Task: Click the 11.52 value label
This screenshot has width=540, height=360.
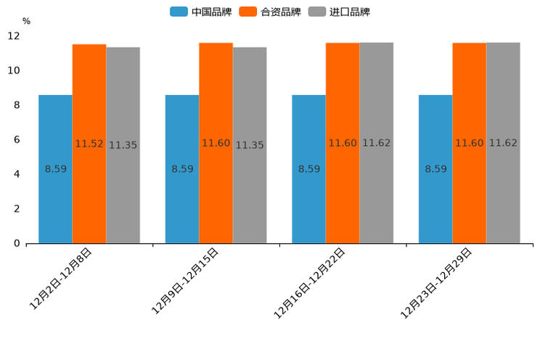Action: pos(89,144)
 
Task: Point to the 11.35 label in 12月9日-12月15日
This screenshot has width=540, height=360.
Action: pos(250,145)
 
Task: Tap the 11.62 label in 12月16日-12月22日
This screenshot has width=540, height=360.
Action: pos(376,143)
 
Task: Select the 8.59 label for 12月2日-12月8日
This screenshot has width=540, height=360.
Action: pos(56,169)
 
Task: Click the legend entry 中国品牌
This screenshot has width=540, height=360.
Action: pos(200,12)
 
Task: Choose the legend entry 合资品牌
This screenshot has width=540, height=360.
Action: pos(270,12)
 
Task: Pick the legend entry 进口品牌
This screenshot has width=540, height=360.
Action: pos(339,12)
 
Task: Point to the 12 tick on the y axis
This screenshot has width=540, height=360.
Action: pos(14,36)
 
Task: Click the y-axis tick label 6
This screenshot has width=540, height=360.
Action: pos(17,139)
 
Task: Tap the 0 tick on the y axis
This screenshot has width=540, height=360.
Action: pos(17,243)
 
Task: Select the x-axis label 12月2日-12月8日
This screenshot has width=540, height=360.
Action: pos(61,279)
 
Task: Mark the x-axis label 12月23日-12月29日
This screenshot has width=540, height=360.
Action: pos(436,283)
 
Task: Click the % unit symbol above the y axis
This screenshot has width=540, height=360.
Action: pos(26,21)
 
